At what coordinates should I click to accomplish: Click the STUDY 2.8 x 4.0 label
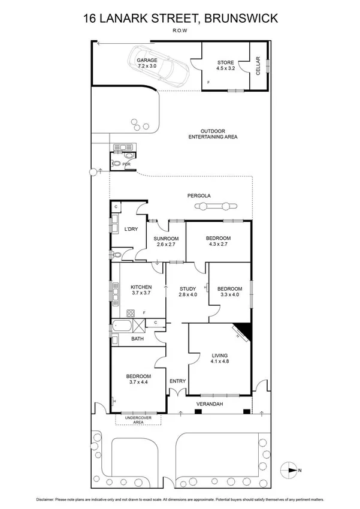point(187,291)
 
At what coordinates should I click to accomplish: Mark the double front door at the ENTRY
point(178,393)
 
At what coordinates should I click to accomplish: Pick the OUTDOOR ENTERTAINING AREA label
point(210,134)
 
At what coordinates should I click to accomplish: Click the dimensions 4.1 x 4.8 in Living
point(220,362)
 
